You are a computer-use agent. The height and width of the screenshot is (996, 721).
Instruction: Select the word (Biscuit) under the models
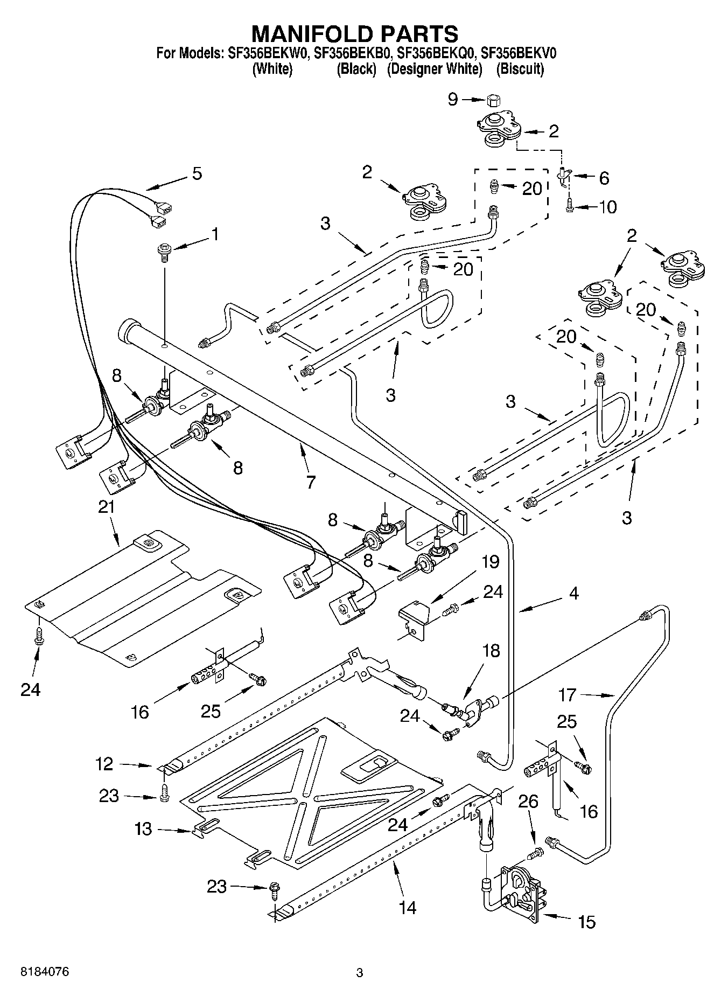(x=520, y=69)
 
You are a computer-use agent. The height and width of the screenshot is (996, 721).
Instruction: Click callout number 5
(x=197, y=173)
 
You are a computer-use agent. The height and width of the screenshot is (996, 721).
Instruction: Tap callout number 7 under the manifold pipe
(x=310, y=481)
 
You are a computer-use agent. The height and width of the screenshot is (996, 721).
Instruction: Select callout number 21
(x=107, y=507)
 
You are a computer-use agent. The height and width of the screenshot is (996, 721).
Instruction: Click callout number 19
(x=490, y=562)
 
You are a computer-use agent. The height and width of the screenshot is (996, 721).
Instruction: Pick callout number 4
(x=573, y=594)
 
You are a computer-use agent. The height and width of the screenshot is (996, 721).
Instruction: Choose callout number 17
(x=567, y=695)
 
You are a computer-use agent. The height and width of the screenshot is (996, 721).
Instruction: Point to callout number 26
(x=528, y=801)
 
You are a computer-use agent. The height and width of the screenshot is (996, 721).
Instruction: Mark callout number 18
(x=491, y=651)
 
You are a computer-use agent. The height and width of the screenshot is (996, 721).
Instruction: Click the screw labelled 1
(x=164, y=252)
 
